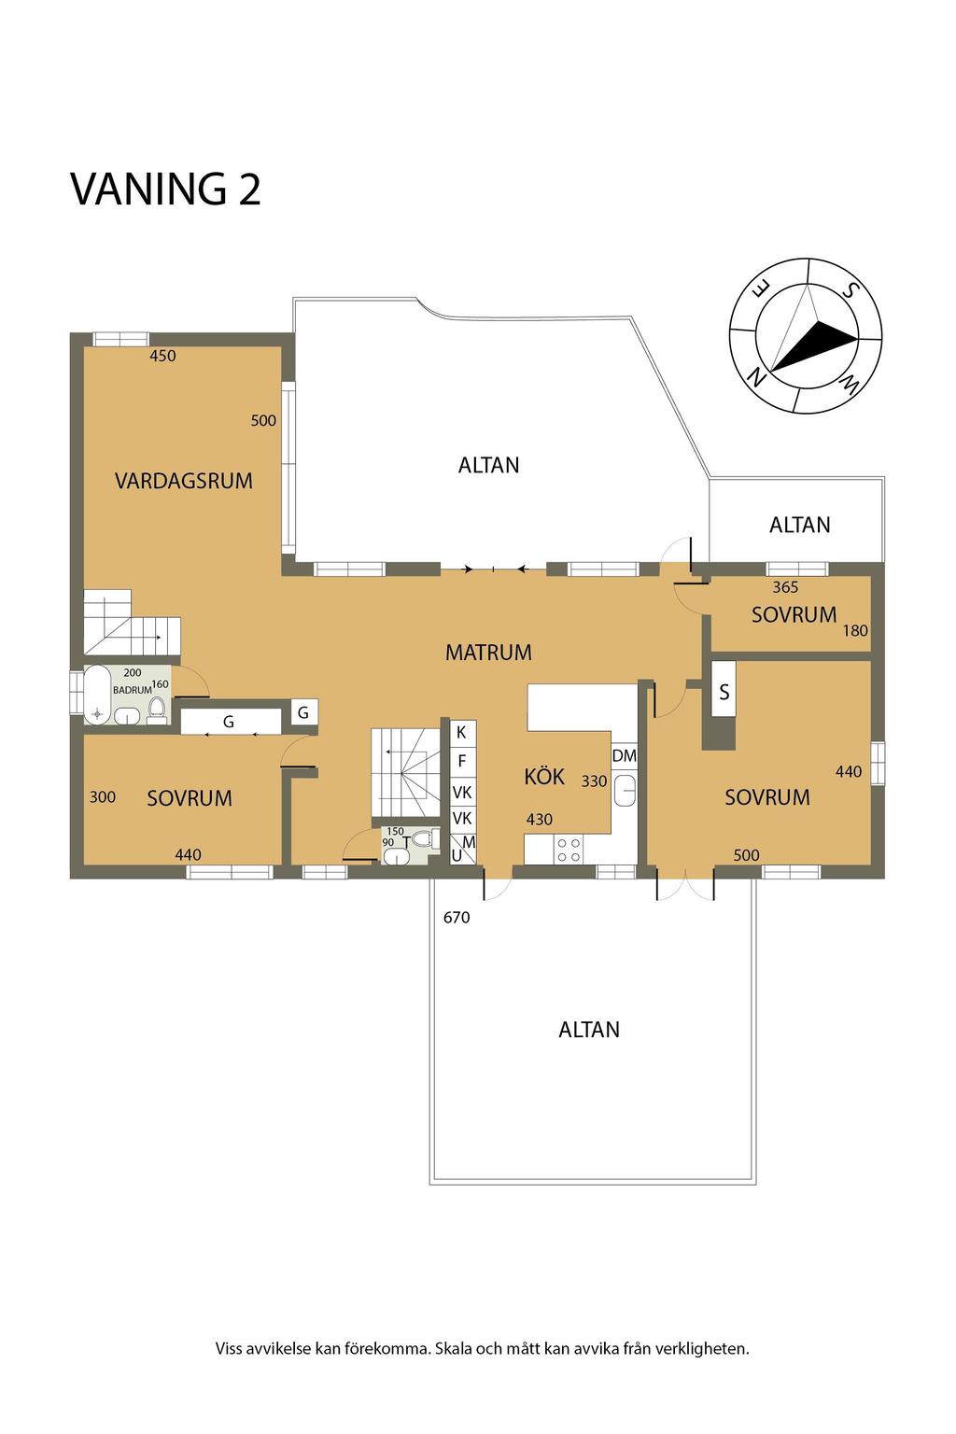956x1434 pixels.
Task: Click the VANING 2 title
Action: [x=165, y=189]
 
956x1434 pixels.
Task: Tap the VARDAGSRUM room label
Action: [x=184, y=481]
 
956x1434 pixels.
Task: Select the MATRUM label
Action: [x=488, y=653]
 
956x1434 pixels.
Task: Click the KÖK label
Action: [x=544, y=777]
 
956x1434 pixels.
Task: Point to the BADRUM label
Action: [x=132, y=690]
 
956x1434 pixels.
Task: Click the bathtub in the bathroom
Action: [x=97, y=696]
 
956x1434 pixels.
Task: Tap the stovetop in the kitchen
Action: [x=569, y=850]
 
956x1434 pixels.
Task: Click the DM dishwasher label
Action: [x=624, y=756]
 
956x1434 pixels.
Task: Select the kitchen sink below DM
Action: [x=625, y=790]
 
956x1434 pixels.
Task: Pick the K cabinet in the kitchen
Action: [x=462, y=733]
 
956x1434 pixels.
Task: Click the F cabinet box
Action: [x=462, y=761]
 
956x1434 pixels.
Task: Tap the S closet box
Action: [x=724, y=689]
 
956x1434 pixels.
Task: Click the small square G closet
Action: [x=304, y=712]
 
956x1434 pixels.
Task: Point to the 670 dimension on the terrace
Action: [x=457, y=918]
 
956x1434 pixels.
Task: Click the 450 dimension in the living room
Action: [x=162, y=356]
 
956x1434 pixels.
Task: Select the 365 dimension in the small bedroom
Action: [x=785, y=587]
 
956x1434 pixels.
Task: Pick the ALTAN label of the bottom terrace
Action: [x=589, y=1030]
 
